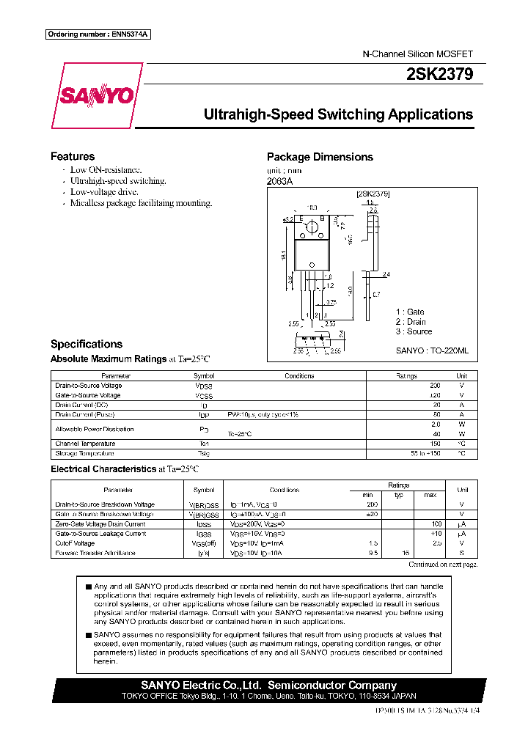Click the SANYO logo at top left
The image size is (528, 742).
pos(97,96)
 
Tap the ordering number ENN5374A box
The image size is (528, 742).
pos(98,34)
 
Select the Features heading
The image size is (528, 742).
pos(73,156)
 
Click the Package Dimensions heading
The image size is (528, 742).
pos(320,157)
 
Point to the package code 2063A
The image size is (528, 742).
pos(279,182)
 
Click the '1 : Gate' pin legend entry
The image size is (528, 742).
pos(410,312)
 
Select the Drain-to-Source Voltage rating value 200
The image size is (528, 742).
pos(435,386)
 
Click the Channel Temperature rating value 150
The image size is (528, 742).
pos(435,444)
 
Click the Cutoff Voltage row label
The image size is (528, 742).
pos(75,543)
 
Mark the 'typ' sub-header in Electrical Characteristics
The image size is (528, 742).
pos(399,495)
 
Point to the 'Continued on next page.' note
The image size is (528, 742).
pos(442,565)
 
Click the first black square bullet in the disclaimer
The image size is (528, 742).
pos(89,587)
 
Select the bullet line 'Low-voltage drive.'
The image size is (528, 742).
pos(103,192)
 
